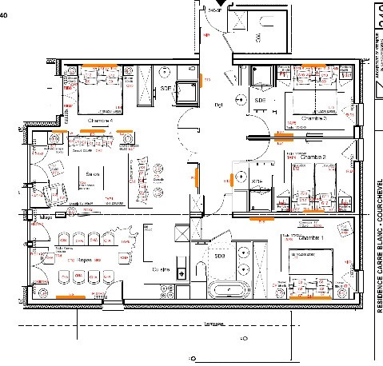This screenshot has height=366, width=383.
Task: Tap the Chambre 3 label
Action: click(x=314, y=119)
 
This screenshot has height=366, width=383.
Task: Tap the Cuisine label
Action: click(x=164, y=270)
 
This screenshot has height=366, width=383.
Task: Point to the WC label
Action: click(x=257, y=38)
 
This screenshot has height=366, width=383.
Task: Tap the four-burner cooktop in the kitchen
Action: click(x=182, y=234)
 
